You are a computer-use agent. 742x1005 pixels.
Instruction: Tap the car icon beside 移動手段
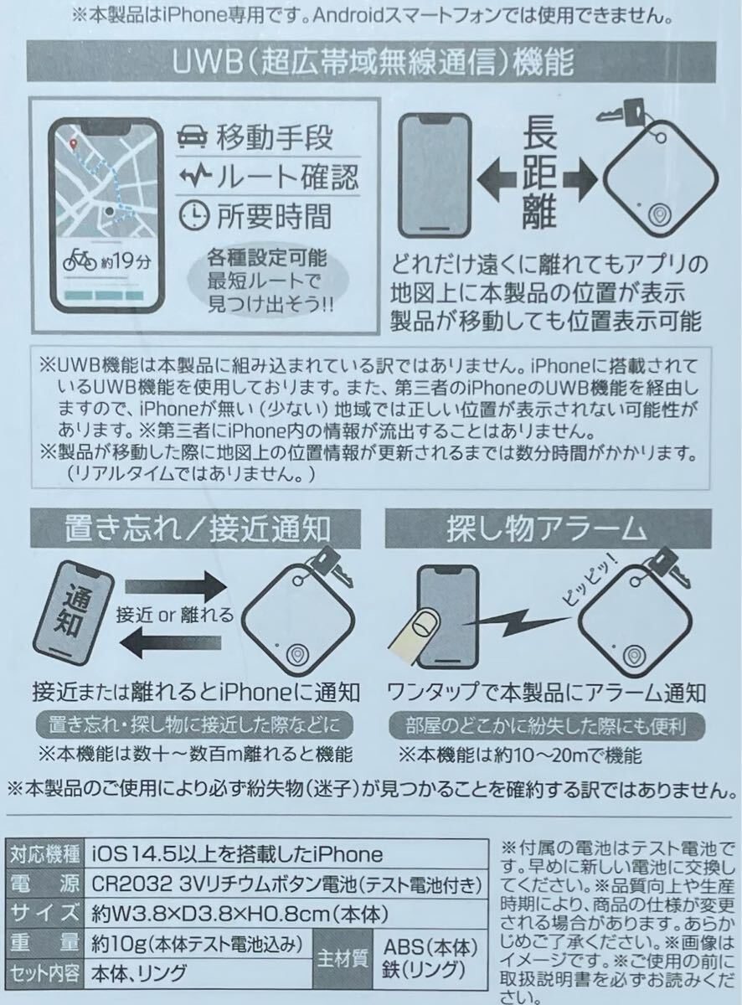pos(193,137)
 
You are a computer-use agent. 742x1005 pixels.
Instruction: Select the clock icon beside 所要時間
pos(193,215)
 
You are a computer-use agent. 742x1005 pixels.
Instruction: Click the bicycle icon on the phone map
pos(81,258)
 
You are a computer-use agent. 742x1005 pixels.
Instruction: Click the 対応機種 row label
pos(44,854)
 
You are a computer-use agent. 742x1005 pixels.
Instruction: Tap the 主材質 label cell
pos(345,958)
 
